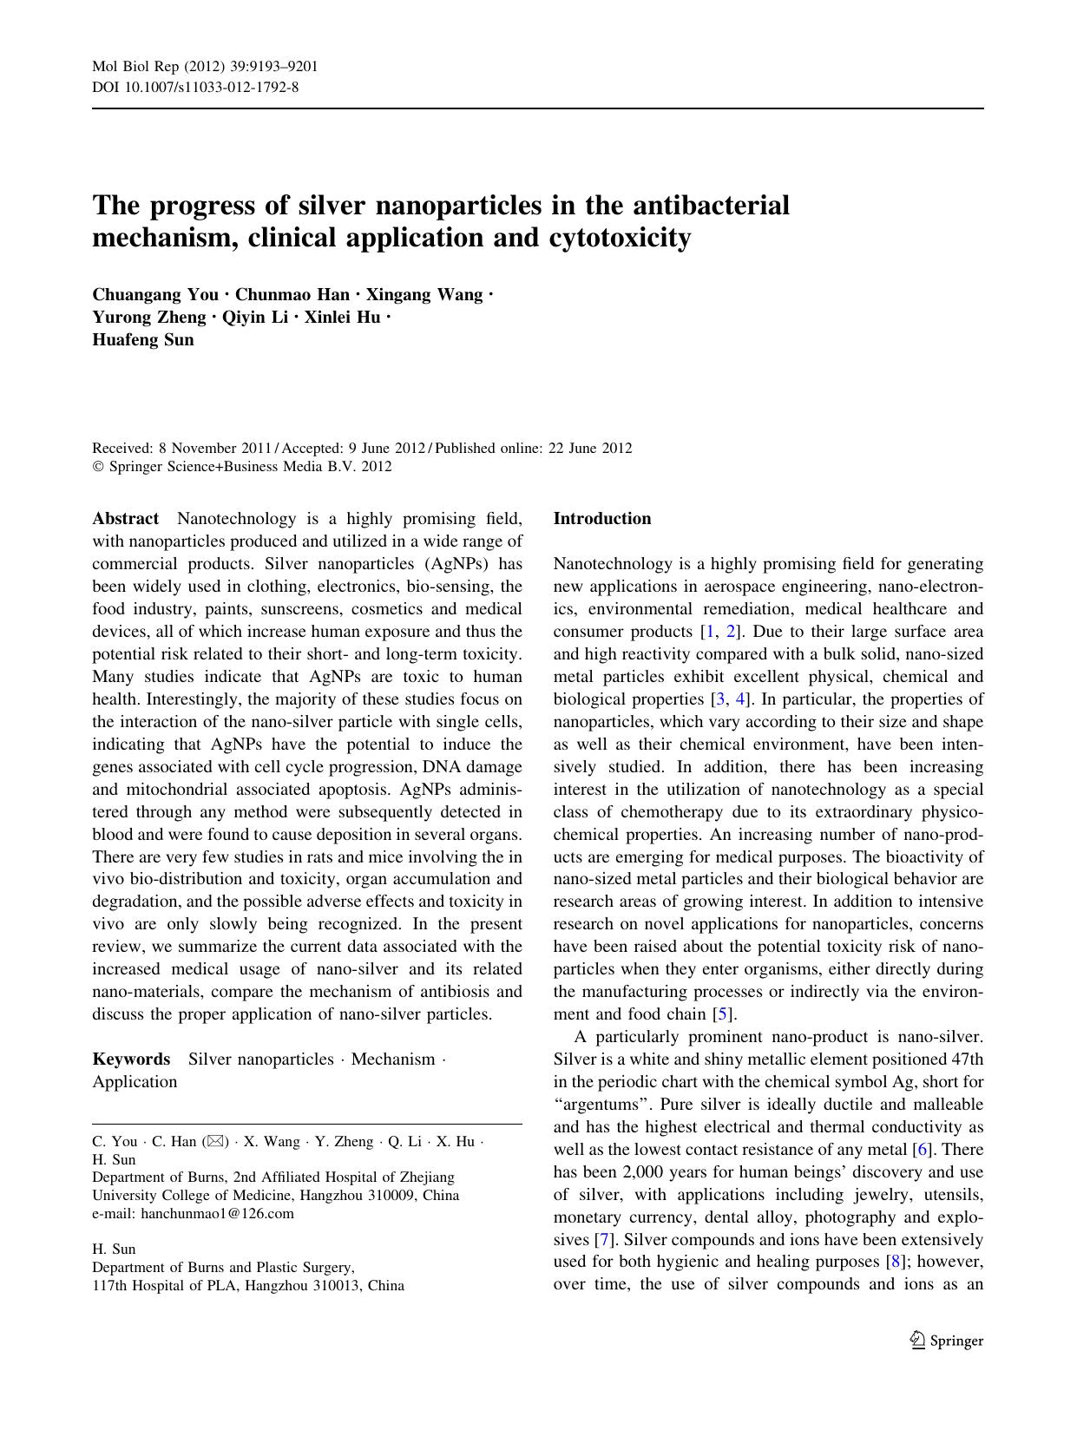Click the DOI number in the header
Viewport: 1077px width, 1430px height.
tap(210, 87)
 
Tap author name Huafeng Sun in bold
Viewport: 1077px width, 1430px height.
tap(143, 340)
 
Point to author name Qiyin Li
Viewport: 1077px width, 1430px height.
tap(255, 318)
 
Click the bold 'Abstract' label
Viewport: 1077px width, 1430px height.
tap(126, 519)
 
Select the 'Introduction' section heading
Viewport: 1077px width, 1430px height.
tap(602, 519)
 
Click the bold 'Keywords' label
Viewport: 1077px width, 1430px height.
tap(131, 1059)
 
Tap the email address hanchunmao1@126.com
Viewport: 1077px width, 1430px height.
tap(217, 1214)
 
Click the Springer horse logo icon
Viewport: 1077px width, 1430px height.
tap(917, 1341)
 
